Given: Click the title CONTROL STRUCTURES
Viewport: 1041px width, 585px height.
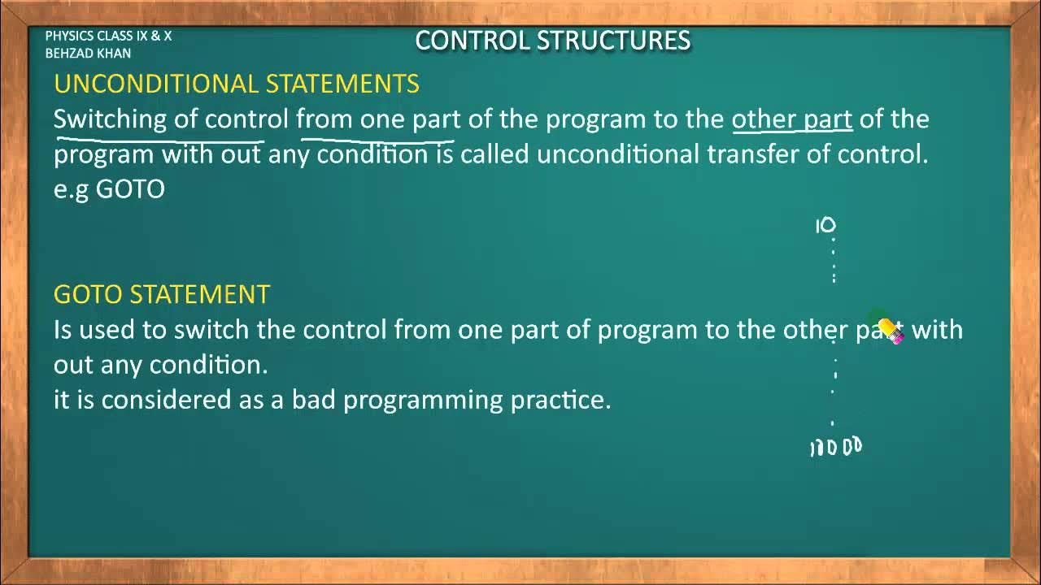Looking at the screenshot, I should tap(552, 41).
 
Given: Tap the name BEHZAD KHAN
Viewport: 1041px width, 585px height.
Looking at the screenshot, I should tap(88, 54).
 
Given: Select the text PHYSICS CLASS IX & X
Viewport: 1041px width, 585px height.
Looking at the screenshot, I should tap(108, 37).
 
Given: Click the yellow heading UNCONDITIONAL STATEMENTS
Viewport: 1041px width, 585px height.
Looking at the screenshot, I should tap(236, 84).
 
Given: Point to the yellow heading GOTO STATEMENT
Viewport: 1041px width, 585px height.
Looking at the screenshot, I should tap(161, 294).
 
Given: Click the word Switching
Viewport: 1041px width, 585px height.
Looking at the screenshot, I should tap(110, 119).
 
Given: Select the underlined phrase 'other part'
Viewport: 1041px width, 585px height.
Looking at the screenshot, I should tap(791, 119).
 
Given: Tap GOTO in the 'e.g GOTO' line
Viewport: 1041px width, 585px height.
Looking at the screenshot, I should tap(130, 189).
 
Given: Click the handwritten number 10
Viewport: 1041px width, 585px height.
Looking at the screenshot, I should tap(825, 226).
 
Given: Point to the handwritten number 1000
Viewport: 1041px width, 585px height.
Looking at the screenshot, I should tap(835, 447).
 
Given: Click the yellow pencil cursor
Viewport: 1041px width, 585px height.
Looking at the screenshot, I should tap(890, 331).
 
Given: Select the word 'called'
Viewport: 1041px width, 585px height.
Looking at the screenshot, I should tap(494, 154).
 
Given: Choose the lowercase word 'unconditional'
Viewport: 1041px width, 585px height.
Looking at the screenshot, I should tap(617, 154).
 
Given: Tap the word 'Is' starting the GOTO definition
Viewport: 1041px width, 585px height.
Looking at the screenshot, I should tap(63, 330).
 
